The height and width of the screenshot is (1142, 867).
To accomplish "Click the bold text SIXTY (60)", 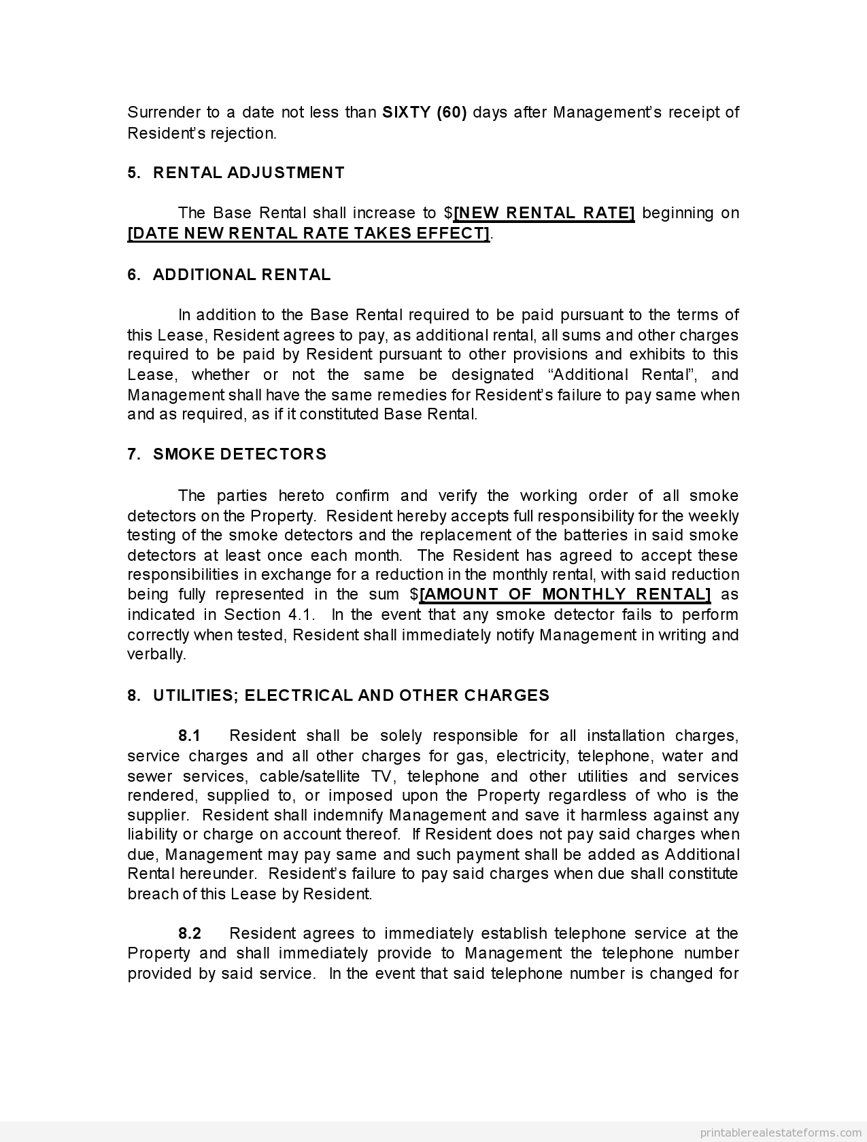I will (424, 112).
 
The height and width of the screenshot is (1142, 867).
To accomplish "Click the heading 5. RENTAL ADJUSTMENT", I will (236, 173).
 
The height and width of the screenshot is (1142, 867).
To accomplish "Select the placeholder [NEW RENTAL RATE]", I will (544, 213).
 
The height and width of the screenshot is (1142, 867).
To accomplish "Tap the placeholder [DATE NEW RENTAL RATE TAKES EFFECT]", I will (309, 233).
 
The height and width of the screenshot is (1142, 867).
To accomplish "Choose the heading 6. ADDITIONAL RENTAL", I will (229, 275).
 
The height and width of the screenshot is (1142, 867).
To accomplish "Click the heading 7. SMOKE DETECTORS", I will (226, 454).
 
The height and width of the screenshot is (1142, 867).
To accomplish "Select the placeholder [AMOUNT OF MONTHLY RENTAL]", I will (565, 594).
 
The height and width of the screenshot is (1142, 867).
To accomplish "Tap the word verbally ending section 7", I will (156, 654).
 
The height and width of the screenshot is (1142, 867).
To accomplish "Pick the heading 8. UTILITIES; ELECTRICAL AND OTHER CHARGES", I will (338, 695).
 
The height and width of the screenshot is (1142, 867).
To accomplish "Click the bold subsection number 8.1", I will (190, 736).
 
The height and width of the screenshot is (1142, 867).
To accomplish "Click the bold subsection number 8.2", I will (190, 933).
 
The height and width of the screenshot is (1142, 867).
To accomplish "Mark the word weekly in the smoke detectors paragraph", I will (717, 516).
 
